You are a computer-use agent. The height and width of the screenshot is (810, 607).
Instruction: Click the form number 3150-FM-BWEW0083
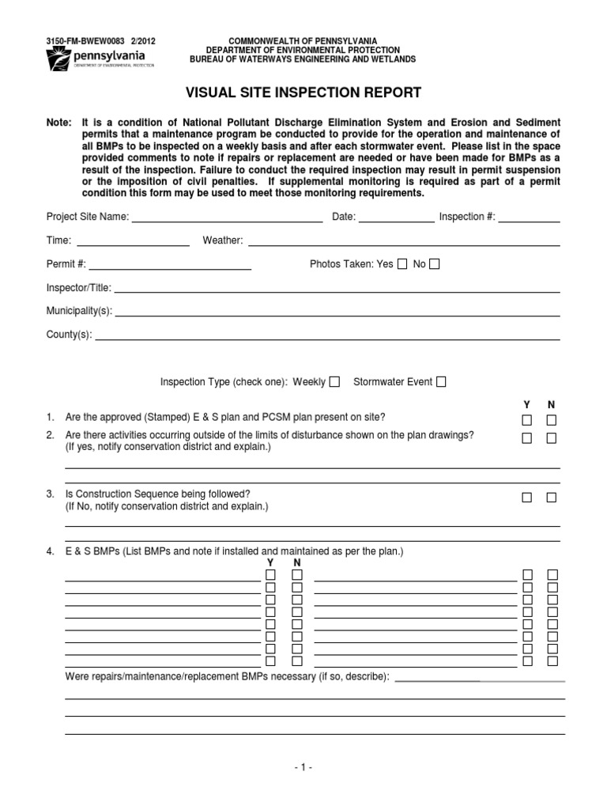(84, 40)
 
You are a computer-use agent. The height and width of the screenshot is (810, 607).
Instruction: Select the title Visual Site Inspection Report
(303, 93)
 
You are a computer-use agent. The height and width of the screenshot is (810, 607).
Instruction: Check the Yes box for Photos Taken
(402, 264)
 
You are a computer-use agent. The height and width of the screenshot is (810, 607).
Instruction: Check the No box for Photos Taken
(434, 264)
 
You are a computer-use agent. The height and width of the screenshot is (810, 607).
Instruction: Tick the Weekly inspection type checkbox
(335, 382)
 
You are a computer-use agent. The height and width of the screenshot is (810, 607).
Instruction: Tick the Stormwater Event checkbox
(441, 382)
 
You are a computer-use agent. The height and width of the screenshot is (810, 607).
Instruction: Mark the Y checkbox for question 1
(526, 419)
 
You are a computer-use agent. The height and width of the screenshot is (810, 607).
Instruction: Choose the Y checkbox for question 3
(526, 498)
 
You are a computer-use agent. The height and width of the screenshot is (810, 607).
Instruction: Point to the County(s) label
(70, 335)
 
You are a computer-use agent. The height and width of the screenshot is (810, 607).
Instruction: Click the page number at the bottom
(303, 767)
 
